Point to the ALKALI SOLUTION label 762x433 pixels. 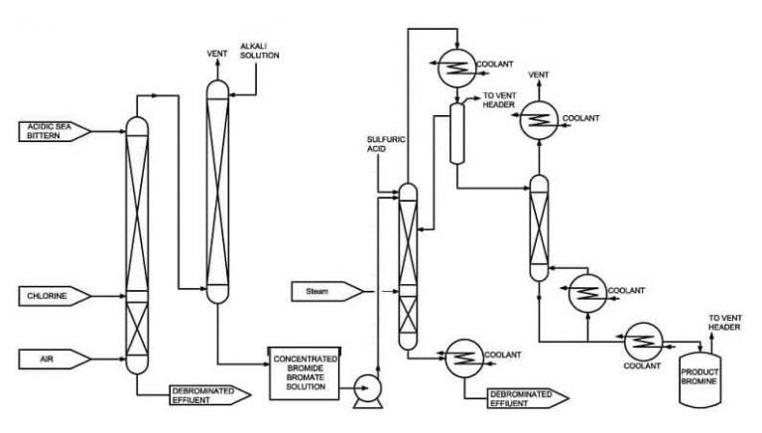click(260, 50)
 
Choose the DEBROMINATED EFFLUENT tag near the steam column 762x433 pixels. click(524, 399)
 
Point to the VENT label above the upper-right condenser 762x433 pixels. click(539, 74)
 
